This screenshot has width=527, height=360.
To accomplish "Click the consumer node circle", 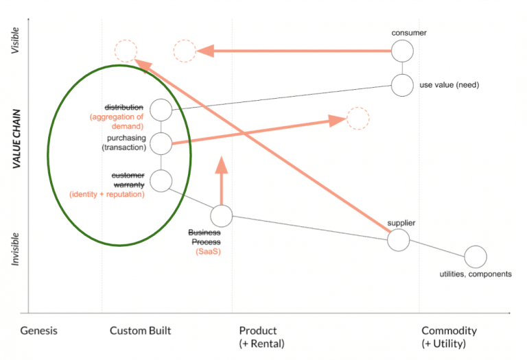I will (402, 51).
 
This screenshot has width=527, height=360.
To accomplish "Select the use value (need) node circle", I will (402, 85).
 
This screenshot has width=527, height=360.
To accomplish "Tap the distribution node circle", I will (161, 109).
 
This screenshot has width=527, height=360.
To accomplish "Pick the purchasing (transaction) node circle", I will (161, 143).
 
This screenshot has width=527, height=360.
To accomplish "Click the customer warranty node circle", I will (161, 181).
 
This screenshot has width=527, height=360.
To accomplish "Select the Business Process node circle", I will (221, 216).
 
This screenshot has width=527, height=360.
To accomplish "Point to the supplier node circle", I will (398, 240).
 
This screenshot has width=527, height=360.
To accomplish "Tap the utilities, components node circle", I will (475, 257).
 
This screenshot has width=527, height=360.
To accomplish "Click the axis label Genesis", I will (39, 331).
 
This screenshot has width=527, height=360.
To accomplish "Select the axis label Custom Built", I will (140, 331).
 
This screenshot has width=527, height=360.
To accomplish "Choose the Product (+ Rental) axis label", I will (261, 337).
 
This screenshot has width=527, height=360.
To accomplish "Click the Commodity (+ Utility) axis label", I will (449, 337).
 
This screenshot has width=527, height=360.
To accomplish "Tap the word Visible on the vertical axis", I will (16, 40).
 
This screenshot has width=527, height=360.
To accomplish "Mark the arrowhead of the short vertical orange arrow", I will (221, 165).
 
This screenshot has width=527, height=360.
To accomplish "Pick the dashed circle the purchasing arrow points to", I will (358, 118).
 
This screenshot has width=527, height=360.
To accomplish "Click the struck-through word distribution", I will (124, 108).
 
